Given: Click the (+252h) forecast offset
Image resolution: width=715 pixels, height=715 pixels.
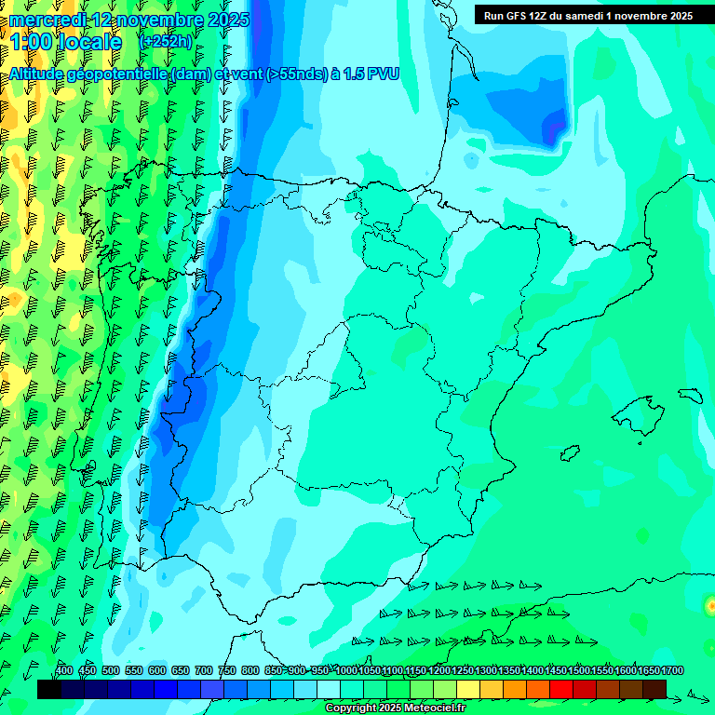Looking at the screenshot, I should coord(165,42).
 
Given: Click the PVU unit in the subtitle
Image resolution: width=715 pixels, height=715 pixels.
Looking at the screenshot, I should coord(383,74).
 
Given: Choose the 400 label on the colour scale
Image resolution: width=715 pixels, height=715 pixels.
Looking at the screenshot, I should coord(64,671).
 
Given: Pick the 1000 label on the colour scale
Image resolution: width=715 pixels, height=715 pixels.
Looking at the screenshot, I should coord(346,671).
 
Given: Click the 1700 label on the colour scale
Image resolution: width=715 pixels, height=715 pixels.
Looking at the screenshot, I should coord(672,671).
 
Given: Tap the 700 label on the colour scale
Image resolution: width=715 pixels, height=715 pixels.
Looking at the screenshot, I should coord(204,671).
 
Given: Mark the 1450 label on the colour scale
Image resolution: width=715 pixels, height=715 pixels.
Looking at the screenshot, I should coord(556,671).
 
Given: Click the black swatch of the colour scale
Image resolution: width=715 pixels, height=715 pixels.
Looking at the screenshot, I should coord(49,689).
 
